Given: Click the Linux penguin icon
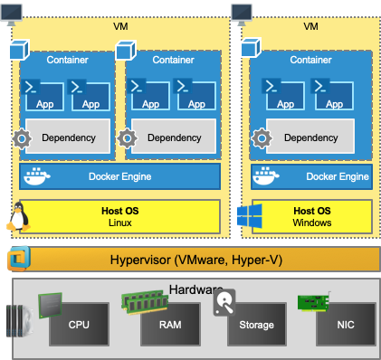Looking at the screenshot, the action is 18,217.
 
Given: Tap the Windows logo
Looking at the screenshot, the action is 250,216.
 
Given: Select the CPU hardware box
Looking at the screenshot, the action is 79,325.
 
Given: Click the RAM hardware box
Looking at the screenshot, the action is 170,325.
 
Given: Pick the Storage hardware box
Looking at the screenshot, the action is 257,325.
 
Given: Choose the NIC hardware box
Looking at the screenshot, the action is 346,325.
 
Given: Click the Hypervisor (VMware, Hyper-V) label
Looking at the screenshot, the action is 196,260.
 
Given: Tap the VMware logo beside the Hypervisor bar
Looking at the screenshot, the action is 19,259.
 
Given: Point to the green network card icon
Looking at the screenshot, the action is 314,302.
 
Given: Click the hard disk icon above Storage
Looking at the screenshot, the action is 224,302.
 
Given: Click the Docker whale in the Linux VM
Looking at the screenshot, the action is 37,176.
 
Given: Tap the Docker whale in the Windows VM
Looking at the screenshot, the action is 266,175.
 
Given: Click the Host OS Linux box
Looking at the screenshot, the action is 119,216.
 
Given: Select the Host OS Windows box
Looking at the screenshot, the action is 312,216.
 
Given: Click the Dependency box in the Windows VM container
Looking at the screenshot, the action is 310,137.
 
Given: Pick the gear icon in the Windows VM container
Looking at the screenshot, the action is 262,138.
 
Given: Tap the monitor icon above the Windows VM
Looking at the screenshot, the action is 242,14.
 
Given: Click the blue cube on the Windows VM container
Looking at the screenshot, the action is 251,48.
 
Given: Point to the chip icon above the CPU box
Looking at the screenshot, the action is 51,306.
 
